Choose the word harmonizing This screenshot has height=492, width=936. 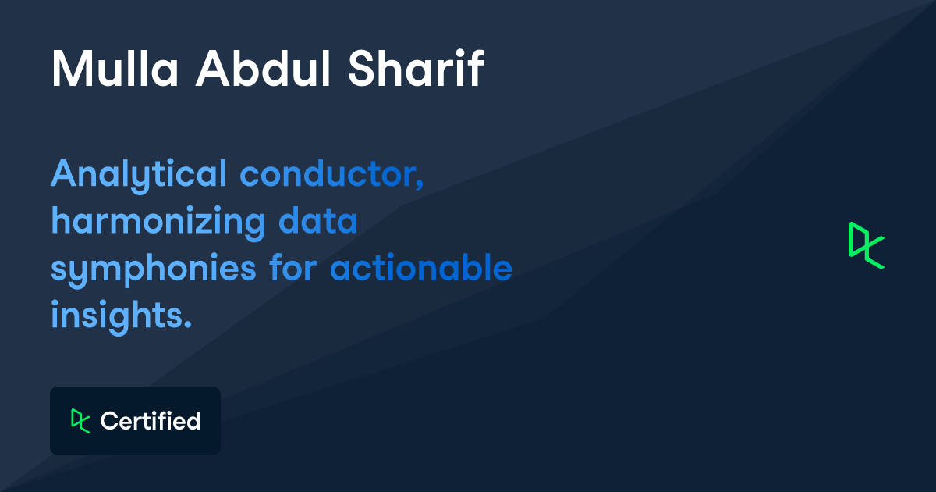[158, 223]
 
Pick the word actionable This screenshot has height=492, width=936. [421, 269]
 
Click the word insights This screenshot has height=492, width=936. [118, 316]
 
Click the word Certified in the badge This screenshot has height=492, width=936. [151, 421]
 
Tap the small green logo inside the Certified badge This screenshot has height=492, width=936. [80, 420]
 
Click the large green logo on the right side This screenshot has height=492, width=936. [867, 245]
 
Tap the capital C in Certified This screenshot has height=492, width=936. [108, 421]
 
